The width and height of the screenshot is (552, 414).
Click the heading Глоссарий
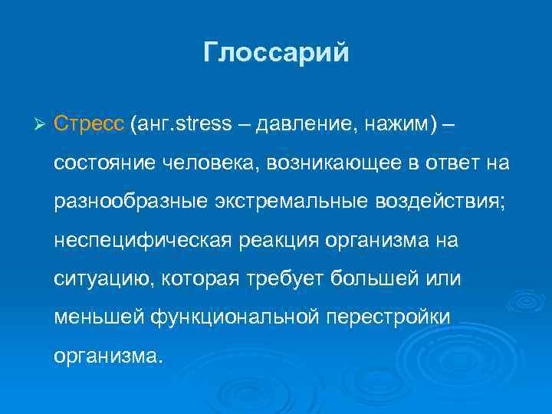[x=276, y=53]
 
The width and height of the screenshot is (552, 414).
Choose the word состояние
[x=103, y=163]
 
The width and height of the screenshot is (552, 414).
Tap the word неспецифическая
[x=142, y=241]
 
